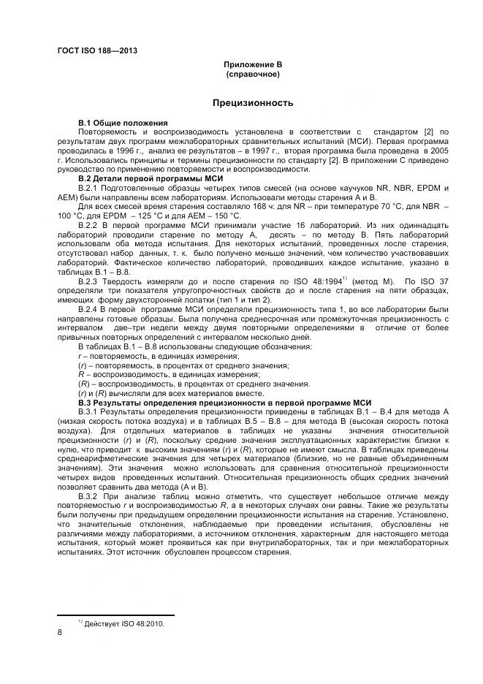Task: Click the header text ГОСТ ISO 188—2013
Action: tap(96, 51)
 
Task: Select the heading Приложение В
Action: tap(252, 65)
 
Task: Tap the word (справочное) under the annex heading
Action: tap(252, 75)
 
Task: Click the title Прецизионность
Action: tap(253, 103)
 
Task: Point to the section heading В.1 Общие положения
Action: tap(123, 122)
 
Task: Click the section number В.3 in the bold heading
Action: tap(88, 403)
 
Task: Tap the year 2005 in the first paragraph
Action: tap(438, 151)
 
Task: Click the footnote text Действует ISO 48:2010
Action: tap(124, 625)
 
